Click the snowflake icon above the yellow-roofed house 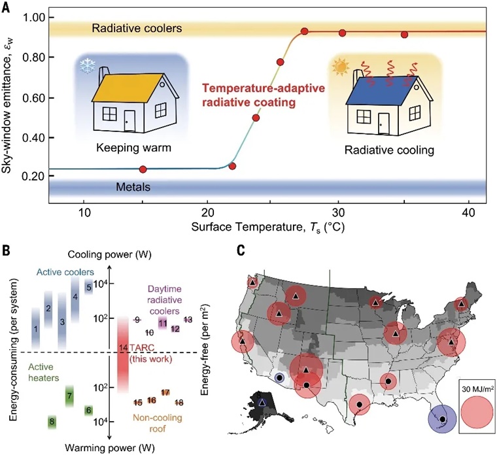pyautogui.click(x=85, y=65)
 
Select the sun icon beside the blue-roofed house pyautogui.click(x=340, y=67)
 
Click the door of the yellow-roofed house pyautogui.click(x=129, y=123)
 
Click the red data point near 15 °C pyautogui.click(x=143, y=169)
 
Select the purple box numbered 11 pyautogui.click(x=162, y=322)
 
